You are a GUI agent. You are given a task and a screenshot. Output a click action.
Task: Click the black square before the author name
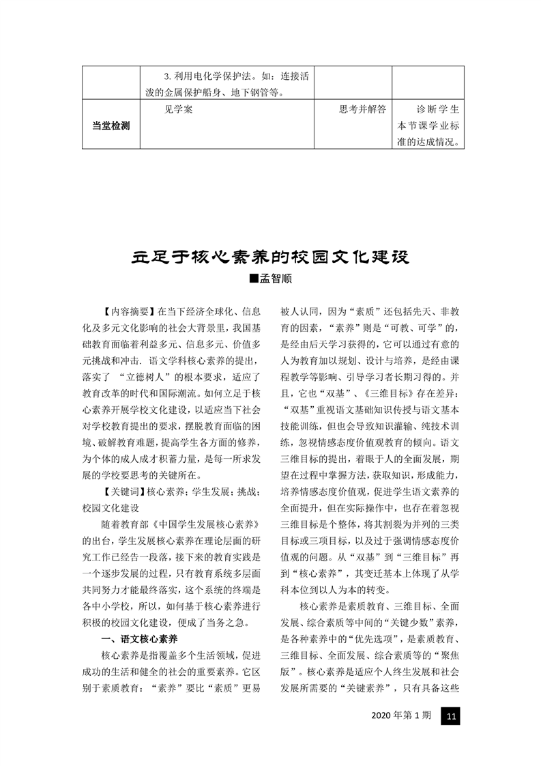click(254, 279)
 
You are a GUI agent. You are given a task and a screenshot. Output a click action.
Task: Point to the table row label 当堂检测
click(111, 126)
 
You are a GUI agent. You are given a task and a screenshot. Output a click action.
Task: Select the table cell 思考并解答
click(362, 109)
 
